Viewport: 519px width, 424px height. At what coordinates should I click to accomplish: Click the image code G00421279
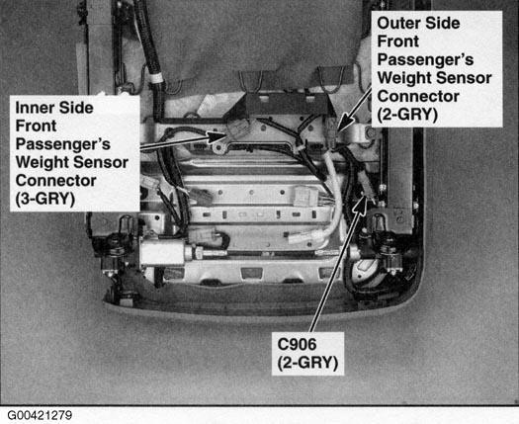pyautogui.click(x=40, y=415)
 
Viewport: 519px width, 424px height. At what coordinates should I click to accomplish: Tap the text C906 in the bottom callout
pyautogui.click(x=297, y=345)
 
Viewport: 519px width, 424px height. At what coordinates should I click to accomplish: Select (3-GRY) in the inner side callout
pyautogui.click(x=45, y=199)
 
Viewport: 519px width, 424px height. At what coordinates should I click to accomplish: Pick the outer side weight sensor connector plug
pyautogui.click(x=331, y=134)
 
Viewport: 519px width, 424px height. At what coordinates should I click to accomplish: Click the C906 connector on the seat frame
pyautogui.click(x=367, y=190)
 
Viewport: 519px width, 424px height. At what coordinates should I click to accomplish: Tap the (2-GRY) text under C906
pyautogui.click(x=307, y=363)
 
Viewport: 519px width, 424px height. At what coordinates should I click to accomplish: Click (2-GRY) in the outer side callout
pyautogui.click(x=407, y=115)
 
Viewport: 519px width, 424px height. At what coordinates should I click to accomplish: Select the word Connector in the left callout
pyautogui.click(x=56, y=181)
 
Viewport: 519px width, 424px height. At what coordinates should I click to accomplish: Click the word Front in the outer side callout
pyautogui.click(x=398, y=42)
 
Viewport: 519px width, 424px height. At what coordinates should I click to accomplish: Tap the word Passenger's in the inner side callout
pyautogui.click(x=63, y=144)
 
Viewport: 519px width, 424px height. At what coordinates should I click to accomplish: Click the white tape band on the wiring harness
pyautogui.click(x=155, y=79)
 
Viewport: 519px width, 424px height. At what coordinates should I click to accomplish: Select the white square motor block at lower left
pyautogui.click(x=162, y=253)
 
